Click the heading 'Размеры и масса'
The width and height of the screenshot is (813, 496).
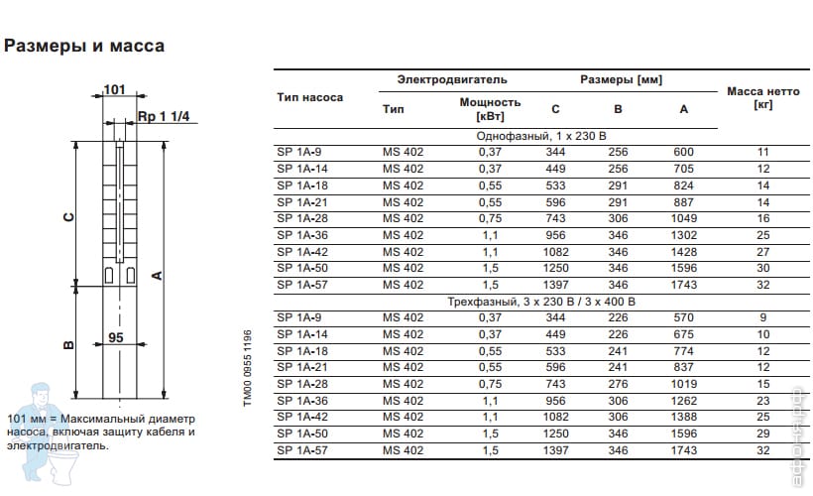(84, 46)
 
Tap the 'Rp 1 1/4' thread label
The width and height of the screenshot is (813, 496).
(159, 116)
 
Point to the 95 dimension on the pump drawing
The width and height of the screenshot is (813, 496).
(117, 338)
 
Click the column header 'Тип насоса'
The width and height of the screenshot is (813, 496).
(309, 98)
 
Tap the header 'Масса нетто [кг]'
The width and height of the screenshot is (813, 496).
(762, 97)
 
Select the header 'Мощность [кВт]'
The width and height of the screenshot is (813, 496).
(490, 109)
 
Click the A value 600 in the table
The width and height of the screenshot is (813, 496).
(683, 152)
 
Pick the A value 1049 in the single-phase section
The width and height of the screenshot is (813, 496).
(683, 218)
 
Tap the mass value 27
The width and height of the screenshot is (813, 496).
(762, 251)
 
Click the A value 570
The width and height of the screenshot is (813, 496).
(683, 317)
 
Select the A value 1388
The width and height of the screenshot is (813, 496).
(683, 417)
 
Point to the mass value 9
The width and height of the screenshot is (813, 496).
(762, 317)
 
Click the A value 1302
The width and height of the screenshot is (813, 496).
(683, 234)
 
